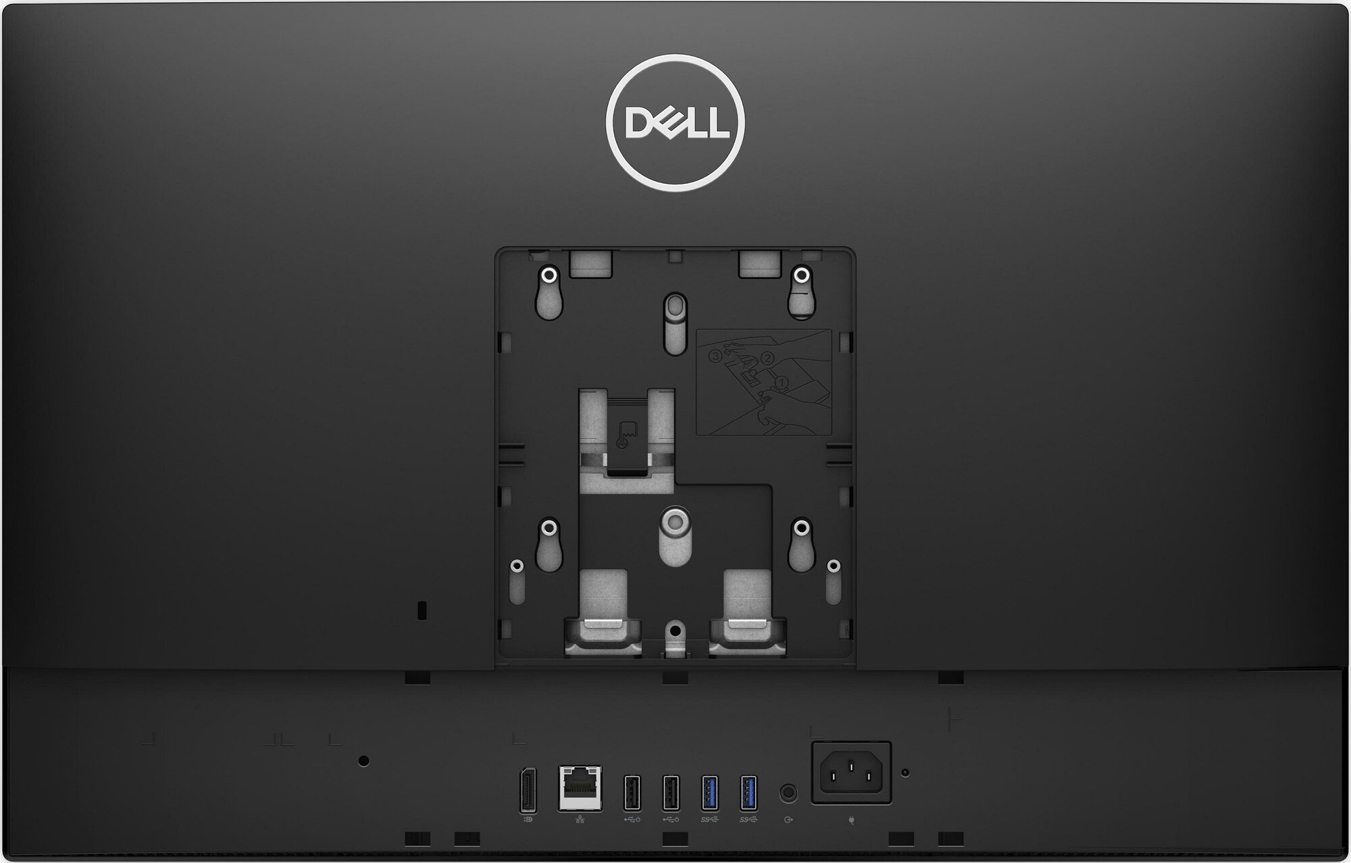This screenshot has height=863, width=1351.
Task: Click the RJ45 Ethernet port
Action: [x=580, y=787]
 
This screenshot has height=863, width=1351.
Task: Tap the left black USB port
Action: [x=632, y=791]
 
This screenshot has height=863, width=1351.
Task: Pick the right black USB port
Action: [x=670, y=791]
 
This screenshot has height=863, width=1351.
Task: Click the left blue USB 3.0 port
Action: [x=709, y=791]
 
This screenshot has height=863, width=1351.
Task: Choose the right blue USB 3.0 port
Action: [x=748, y=791]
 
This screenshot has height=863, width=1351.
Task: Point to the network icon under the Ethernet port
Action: [x=580, y=820]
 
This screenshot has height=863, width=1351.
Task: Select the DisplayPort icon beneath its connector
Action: [x=528, y=820]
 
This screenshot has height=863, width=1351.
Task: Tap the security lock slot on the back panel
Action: [x=423, y=610]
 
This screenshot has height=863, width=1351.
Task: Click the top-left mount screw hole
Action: [x=549, y=276]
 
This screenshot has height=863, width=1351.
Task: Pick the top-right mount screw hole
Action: [x=801, y=276]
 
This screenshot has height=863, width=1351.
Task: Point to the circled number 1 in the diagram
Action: [x=782, y=382]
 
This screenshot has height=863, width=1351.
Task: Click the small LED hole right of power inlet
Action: [x=906, y=772]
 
